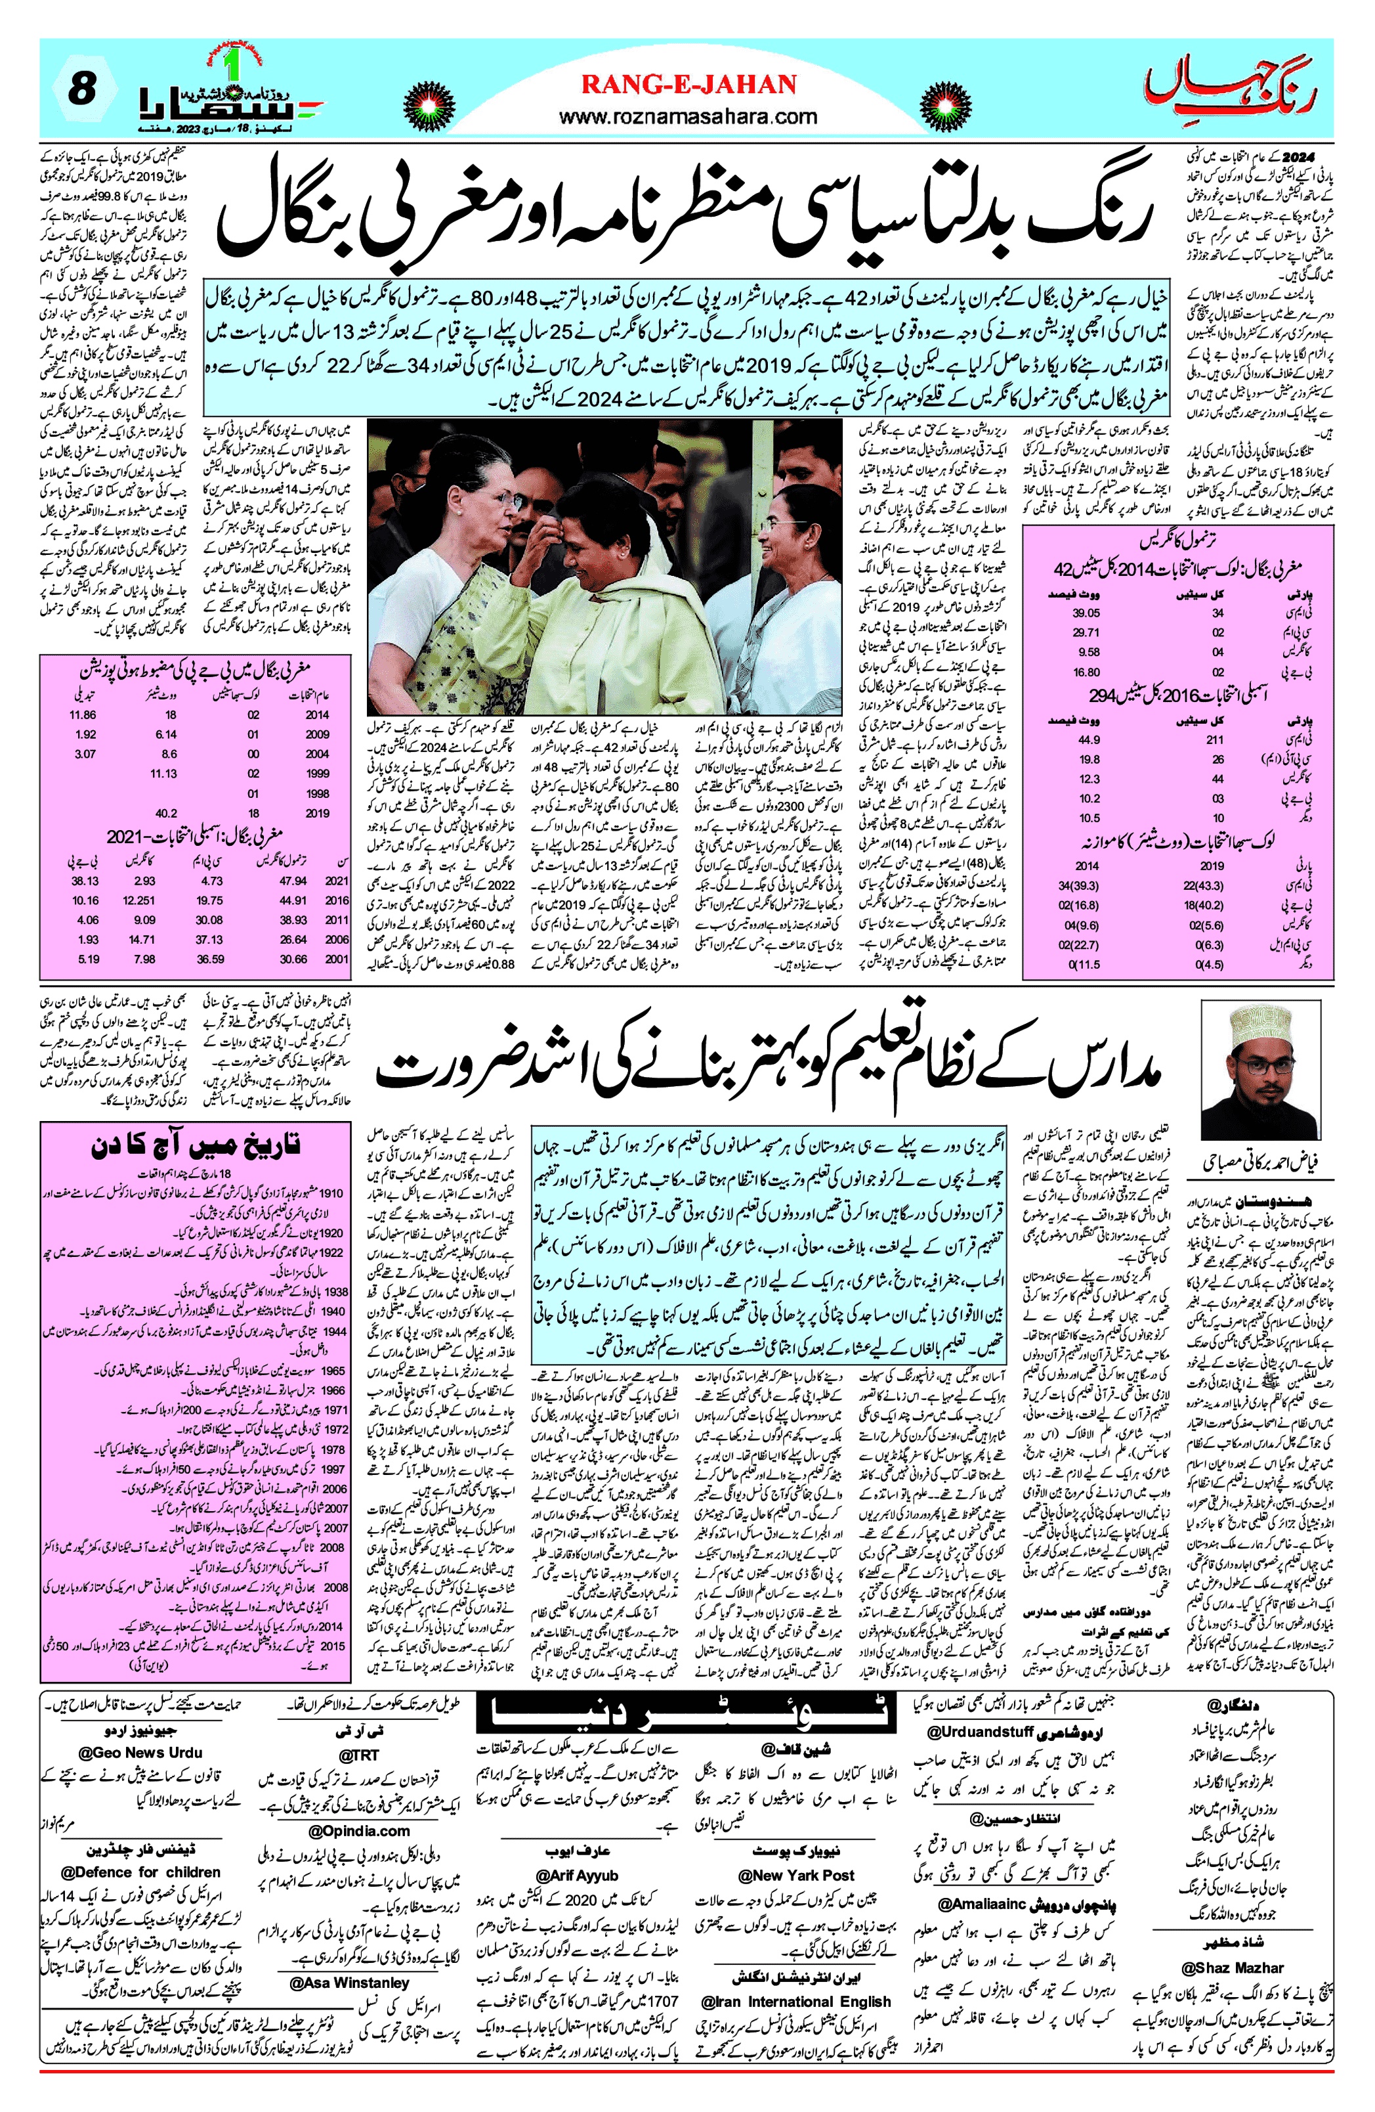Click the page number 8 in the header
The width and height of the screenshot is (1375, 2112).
click(x=81, y=89)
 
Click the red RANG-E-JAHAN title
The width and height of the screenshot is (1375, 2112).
click(x=688, y=85)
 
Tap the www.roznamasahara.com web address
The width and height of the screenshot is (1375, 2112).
click(x=688, y=116)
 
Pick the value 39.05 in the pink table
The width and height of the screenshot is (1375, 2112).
click(x=1086, y=613)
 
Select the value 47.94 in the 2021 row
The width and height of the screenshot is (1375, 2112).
click(x=293, y=881)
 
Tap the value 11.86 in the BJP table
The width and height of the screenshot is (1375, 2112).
click(x=83, y=715)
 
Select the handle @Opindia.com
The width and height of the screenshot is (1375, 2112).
click(x=359, y=1830)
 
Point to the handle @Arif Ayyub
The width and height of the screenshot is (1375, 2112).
click(x=577, y=1875)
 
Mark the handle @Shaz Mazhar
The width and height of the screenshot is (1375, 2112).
click(x=1232, y=1968)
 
